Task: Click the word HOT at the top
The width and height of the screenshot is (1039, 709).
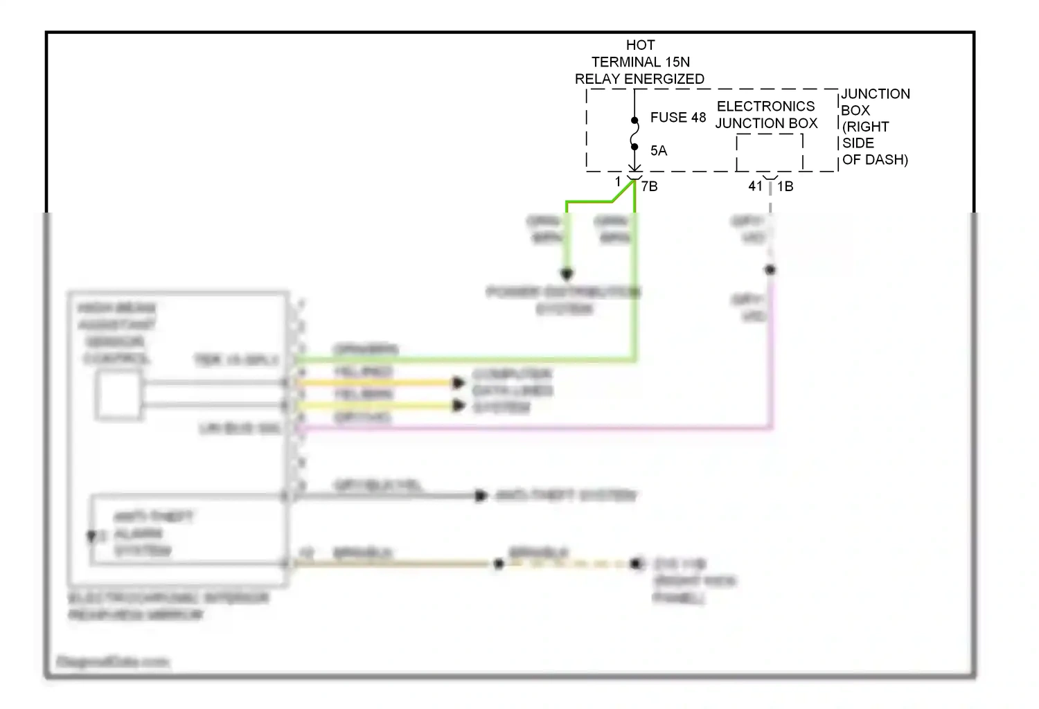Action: (640, 45)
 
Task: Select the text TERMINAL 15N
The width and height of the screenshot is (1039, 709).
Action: (640, 62)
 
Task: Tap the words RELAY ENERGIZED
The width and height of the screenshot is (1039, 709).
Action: (639, 80)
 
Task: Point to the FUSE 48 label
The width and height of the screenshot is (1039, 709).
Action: (677, 118)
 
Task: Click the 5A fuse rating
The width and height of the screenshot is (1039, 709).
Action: (658, 151)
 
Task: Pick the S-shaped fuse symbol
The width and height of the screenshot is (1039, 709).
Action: (634, 134)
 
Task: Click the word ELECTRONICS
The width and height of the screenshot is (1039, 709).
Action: (765, 107)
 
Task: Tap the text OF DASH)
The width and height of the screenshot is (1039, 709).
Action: (875, 160)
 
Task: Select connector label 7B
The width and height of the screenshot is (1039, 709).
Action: (650, 186)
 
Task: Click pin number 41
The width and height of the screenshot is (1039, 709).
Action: (755, 186)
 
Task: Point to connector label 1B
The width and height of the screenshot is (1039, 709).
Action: (785, 186)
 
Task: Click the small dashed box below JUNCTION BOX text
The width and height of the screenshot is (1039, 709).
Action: (770, 152)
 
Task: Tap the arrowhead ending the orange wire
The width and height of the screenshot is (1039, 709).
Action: (458, 383)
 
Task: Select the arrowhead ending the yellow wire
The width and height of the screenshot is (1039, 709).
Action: (458, 405)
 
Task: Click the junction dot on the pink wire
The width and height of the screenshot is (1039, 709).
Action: (770, 270)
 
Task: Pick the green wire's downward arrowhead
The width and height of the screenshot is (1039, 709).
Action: (567, 274)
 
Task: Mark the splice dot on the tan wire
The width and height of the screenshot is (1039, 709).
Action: (499, 564)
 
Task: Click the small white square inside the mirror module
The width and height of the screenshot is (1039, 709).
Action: (118, 395)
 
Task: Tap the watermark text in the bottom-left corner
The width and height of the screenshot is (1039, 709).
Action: (112, 662)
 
